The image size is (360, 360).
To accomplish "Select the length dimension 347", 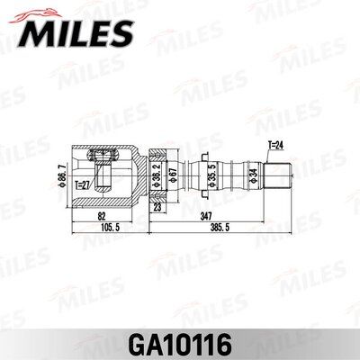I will (x=208, y=217).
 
